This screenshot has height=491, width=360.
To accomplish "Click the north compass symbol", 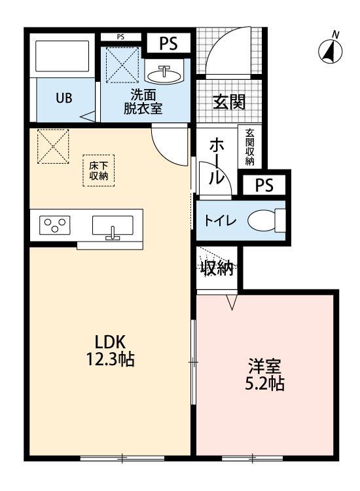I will click(x=331, y=50).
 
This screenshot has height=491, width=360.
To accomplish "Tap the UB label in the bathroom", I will click(x=63, y=98).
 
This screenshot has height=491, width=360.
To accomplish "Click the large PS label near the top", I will click(x=169, y=43).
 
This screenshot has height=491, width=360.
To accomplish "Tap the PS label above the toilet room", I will click(x=264, y=185).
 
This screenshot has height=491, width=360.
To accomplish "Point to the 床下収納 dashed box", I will click(x=99, y=171).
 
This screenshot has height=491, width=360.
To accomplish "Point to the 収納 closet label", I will click(x=217, y=268).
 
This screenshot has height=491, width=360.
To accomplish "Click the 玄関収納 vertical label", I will click(x=249, y=147).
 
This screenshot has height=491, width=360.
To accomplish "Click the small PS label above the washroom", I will click(x=120, y=37).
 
